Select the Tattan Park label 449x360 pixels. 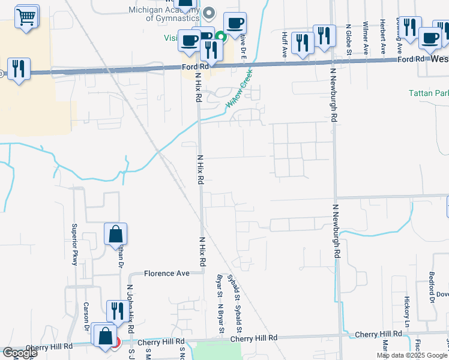[x=428, y=94]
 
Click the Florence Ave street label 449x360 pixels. [x=167, y=274]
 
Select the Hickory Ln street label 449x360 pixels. [x=406, y=307]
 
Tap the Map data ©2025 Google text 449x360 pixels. [x=411, y=355]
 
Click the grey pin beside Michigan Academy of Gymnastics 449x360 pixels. [x=209, y=12]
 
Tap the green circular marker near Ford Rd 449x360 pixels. [x=221, y=36]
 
